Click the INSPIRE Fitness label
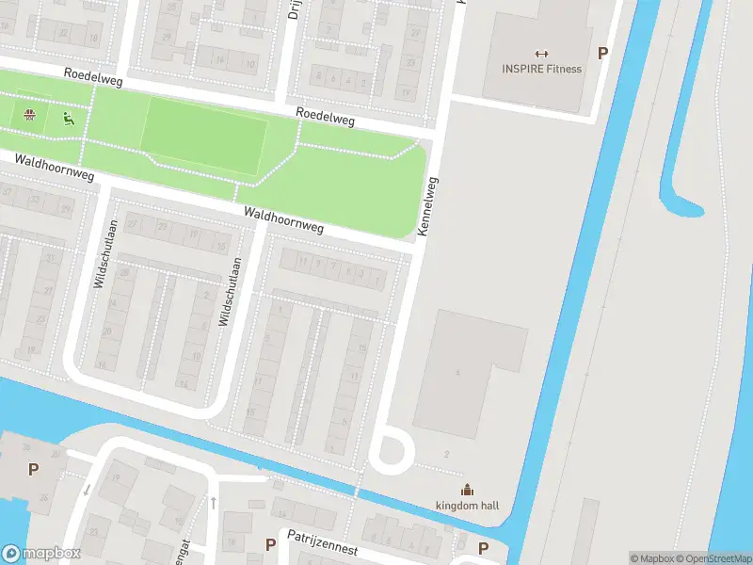541,69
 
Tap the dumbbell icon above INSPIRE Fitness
541,53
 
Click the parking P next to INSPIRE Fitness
602,54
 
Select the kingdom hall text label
467,506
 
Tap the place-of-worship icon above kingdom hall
467,489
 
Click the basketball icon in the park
30,117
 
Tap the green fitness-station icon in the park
67,119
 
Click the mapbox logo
41,553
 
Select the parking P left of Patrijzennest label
270,544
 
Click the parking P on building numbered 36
34,469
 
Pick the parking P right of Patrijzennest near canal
483,547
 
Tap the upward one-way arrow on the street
214,503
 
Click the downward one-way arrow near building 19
86,489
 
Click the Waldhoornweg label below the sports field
283,220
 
